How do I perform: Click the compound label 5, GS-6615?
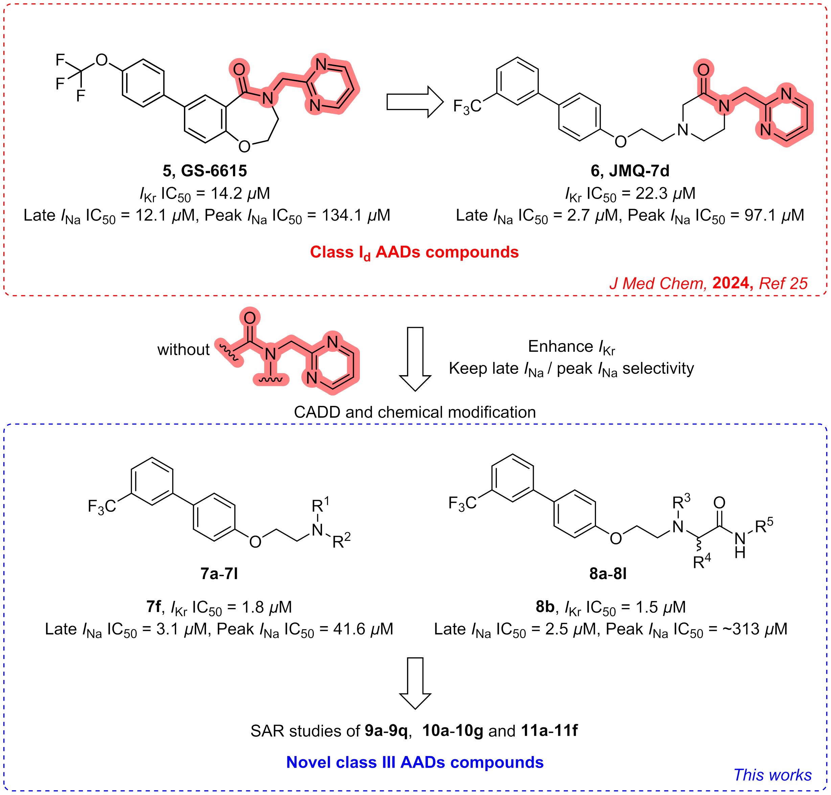click(205, 171)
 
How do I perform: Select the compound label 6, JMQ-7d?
click(630, 171)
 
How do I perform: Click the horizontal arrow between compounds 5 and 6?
click(415, 102)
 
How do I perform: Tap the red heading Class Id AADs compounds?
click(414, 253)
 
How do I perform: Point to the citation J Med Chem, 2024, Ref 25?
click(709, 283)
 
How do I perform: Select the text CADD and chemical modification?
click(415, 412)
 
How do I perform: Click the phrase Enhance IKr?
click(571, 347)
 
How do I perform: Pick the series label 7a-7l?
click(219, 573)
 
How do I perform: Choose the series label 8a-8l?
click(608, 573)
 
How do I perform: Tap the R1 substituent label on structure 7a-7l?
click(321, 505)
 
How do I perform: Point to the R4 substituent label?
click(702, 561)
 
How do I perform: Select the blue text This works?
click(772, 775)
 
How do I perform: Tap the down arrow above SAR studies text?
click(415, 683)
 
